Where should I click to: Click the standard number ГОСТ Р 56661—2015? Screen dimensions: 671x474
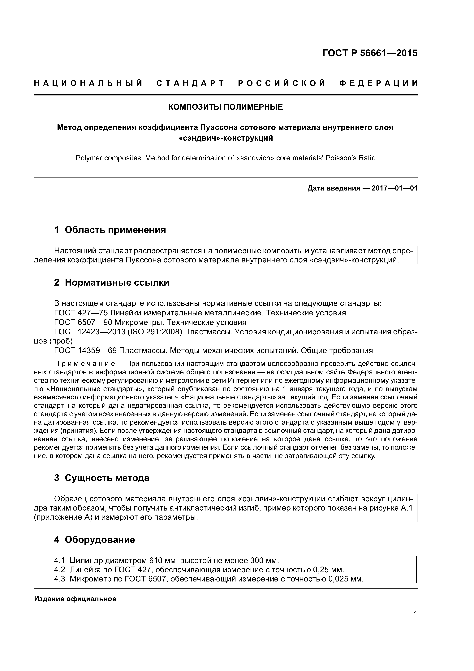coord(370,53)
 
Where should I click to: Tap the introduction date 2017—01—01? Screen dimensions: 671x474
coord(394,188)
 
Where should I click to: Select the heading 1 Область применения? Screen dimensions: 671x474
coord(110,230)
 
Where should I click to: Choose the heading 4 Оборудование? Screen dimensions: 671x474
coord(94,539)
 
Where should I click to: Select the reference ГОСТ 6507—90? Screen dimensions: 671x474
coord(83,322)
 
